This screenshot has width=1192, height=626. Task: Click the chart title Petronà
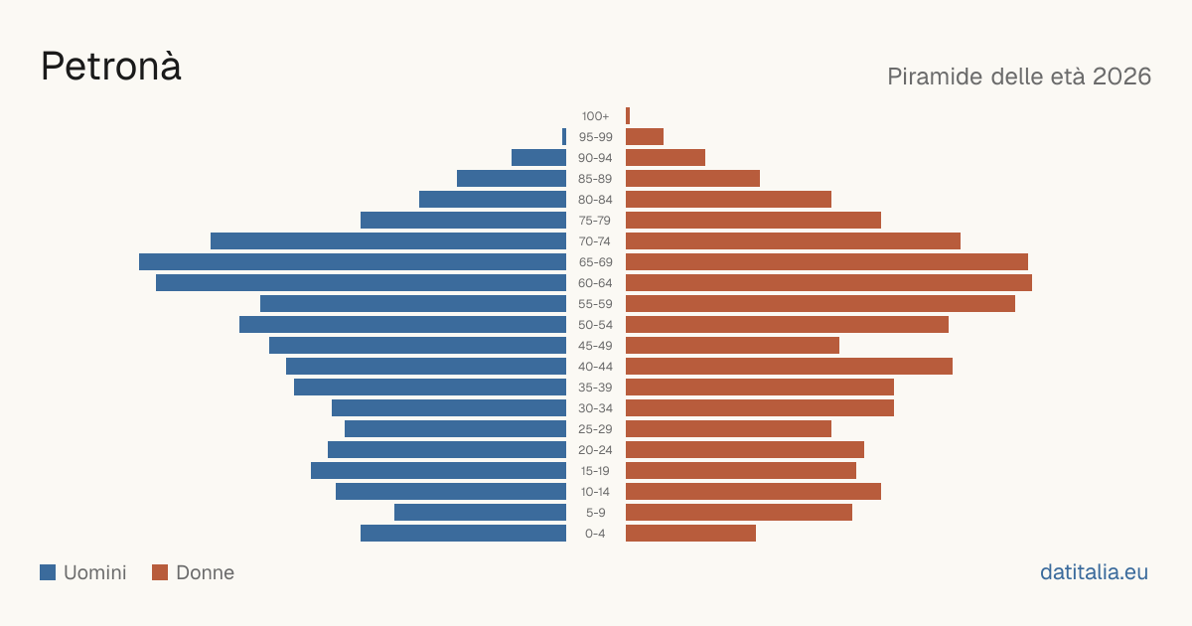pyautogui.click(x=111, y=66)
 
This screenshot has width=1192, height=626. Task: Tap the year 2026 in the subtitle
pyautogui.click(x=1121, y=77)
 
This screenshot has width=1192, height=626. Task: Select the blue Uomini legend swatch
pyautogui.click(x=48, y=572)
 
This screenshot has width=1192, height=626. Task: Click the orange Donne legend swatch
pyautogui.click(x=160, y=572)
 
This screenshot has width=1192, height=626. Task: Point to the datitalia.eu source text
pyautogui.click(x=1094, y=572)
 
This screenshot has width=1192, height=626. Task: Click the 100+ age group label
pyautogui.click(x=595, y=116)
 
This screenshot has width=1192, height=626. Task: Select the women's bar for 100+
pyautogui.click(x=628, y=116)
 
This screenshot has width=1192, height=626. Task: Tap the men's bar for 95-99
pyautogui.click(x=564, y=137)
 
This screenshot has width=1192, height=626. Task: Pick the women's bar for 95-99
pyautogui.click(x=645, y=137)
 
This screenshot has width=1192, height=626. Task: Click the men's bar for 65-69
pyautogui.click(x=353, y=262)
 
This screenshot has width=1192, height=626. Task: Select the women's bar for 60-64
pyautogui.click(x=828, y=282)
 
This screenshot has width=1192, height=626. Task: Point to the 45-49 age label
pyautogui.click(x=595, y=346)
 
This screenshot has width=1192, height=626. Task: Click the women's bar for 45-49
pyautogui.click(x=732, y=346)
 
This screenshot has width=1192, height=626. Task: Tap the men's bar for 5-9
pyautogui.click(x=480, y=512)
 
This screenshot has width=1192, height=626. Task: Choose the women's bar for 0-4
pyautogui.click(x=690, y=534)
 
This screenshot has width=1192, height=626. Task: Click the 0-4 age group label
pyautogui.click(x=595, y=534)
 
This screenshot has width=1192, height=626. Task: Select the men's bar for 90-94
pyautogui.click(x=538, y=158)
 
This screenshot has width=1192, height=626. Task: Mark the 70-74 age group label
pyautogui.click(x=595, y=241)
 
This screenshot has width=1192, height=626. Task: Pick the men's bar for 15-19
pyautogui.click(x=438, y=471)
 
